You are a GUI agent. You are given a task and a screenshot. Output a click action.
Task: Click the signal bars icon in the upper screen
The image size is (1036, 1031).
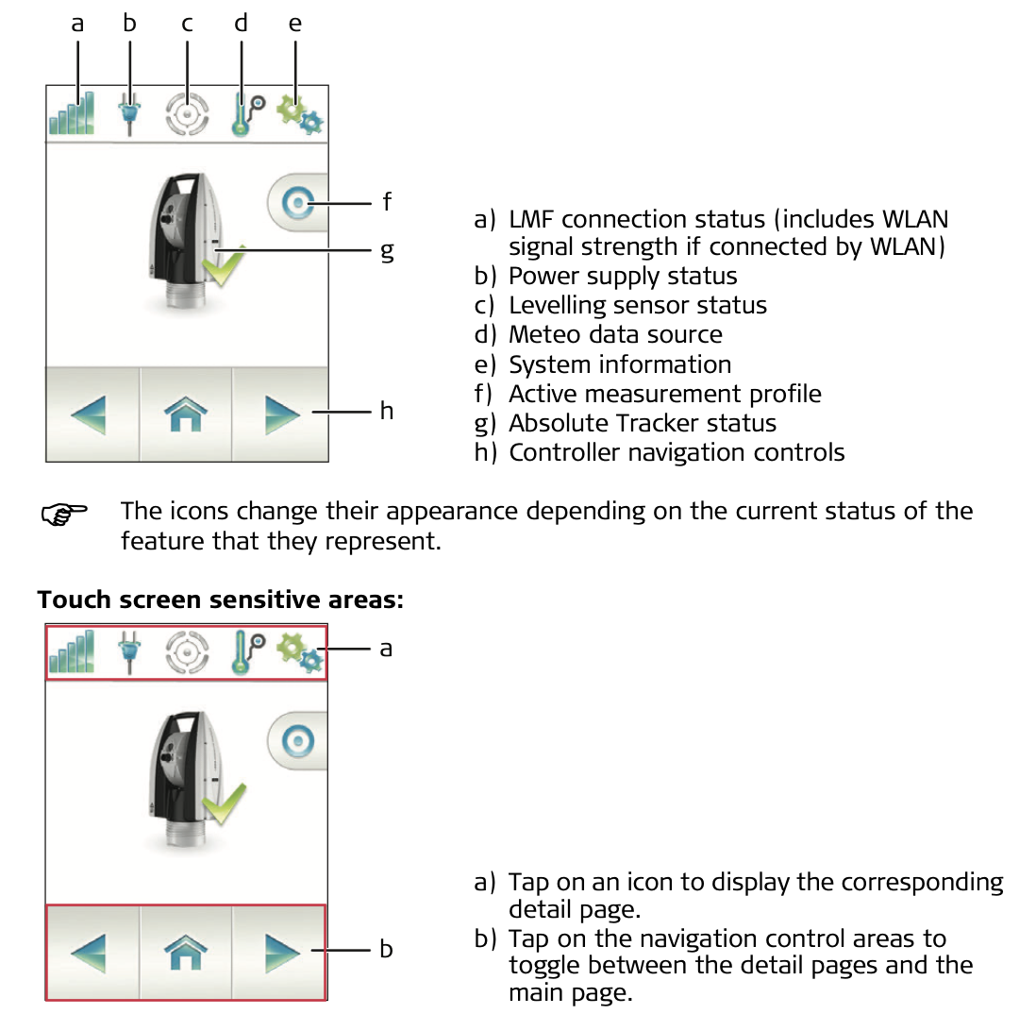pos(72,113)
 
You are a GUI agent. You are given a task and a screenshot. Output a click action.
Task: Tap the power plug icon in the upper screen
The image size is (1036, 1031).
pos(129,114)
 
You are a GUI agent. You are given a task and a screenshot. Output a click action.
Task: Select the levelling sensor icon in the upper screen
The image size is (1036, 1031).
pos(187,114)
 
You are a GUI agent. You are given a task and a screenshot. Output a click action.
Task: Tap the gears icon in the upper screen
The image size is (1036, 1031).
pos(300,114)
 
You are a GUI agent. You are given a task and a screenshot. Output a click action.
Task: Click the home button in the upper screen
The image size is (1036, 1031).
pos(186,414)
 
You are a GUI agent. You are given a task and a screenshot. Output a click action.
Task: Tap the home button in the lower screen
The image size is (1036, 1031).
pos(186,953)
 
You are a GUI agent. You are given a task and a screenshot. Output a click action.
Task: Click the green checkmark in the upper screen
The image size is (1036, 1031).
pos(224,266)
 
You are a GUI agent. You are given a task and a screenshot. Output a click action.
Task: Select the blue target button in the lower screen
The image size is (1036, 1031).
pos(298,741)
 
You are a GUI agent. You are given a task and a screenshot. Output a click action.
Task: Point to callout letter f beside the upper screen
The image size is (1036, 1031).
pos(387,201)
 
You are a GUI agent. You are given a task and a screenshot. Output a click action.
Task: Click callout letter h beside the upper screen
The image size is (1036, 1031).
pos(387,410)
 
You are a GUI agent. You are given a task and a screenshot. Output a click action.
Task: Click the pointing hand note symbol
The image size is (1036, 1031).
pos(64,514)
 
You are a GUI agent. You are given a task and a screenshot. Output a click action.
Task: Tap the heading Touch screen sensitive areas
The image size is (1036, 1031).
pos(220,600)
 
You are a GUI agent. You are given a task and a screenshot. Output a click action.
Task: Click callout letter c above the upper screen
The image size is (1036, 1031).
pos(187,25)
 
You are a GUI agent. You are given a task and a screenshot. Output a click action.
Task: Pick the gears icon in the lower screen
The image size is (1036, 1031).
pos(300,652)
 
